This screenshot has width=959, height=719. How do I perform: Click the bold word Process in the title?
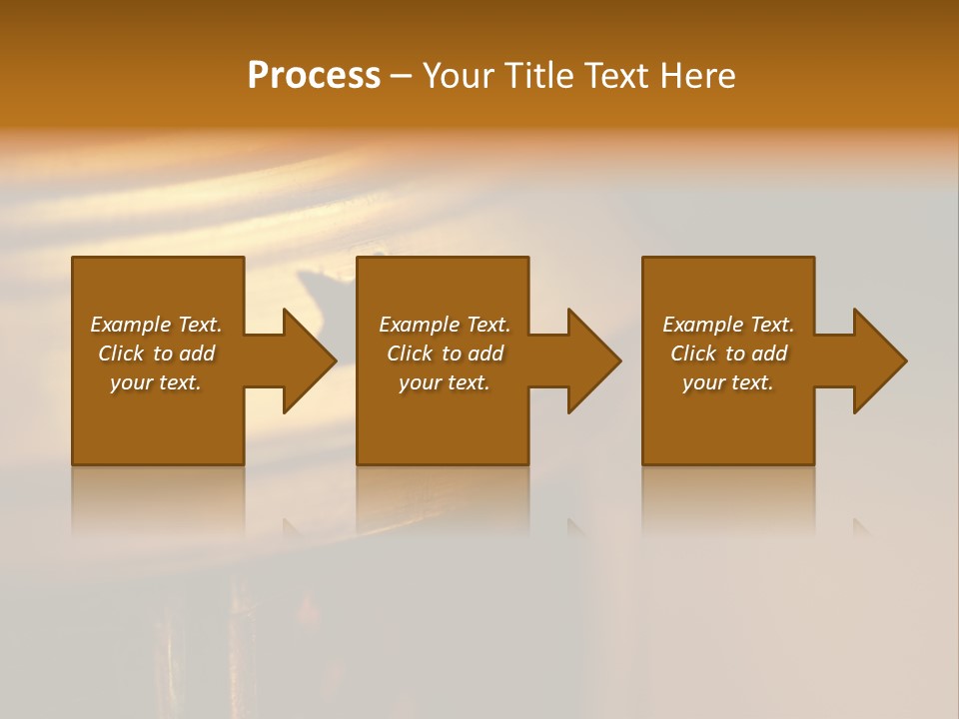tap(314, 76)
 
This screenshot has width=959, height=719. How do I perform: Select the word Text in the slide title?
tap(615, 76)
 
